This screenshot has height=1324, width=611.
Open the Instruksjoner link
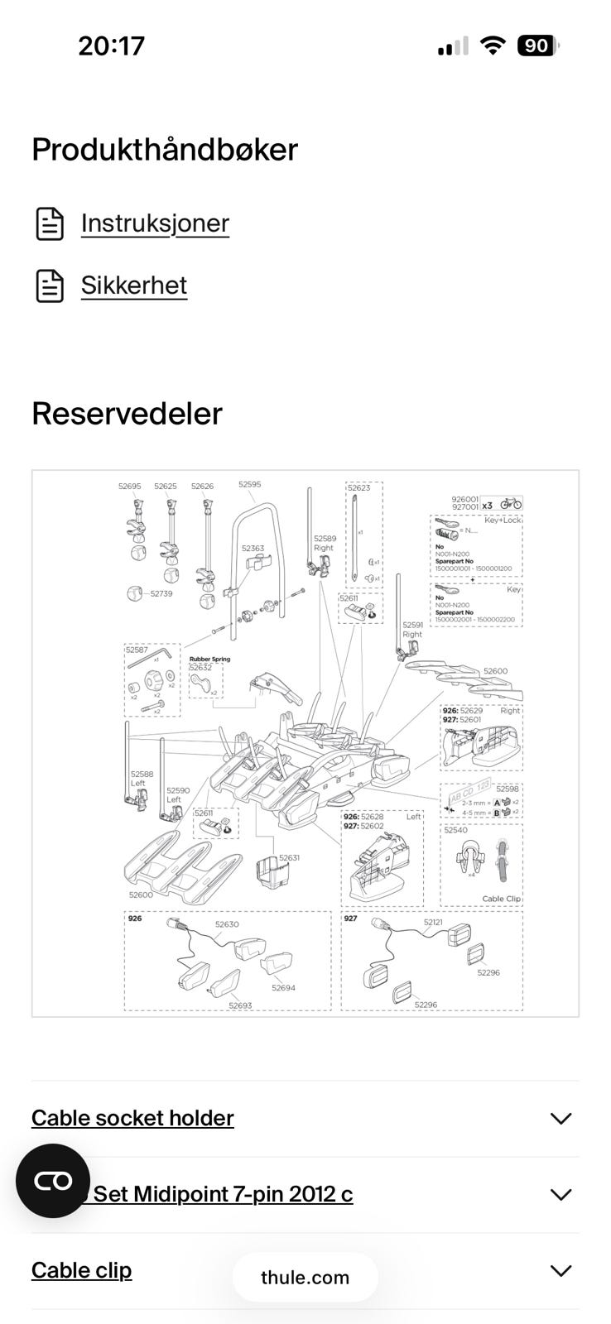tap(155, 223)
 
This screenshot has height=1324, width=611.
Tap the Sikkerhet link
tap(134, 285)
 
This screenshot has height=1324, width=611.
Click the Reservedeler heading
tap(127, 414)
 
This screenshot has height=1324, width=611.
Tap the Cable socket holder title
tap(132, 1118)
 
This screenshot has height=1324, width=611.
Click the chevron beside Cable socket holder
tap(560, 1119)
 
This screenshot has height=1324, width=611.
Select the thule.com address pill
tap(305, 1277)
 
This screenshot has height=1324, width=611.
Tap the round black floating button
tap(53, 1181)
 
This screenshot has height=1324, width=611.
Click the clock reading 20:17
tap(111, 46)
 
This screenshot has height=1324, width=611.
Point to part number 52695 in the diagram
tap(129, 487)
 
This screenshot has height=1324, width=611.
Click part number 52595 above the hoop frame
tap(249, 484)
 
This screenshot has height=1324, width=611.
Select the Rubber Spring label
tap(209, 660)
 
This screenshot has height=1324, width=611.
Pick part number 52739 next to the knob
tap(161, 593)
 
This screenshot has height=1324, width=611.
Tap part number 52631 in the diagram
tap(289, 858)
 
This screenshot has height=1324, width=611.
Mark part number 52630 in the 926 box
tap(227, 924)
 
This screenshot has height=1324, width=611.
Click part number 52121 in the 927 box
tap(433, 922)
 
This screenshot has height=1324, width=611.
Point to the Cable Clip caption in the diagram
tap(501, 899)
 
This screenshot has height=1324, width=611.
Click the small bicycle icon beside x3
tap(511, 503)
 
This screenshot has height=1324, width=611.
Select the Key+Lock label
tap(503, 520)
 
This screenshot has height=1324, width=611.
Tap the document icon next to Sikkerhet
tap(50, 285)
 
